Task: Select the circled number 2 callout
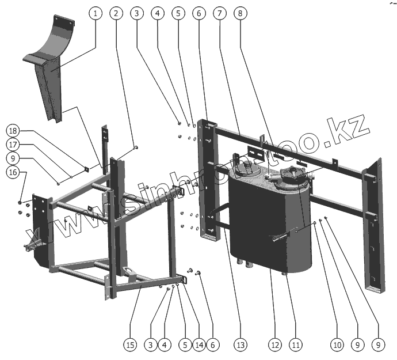117,12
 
